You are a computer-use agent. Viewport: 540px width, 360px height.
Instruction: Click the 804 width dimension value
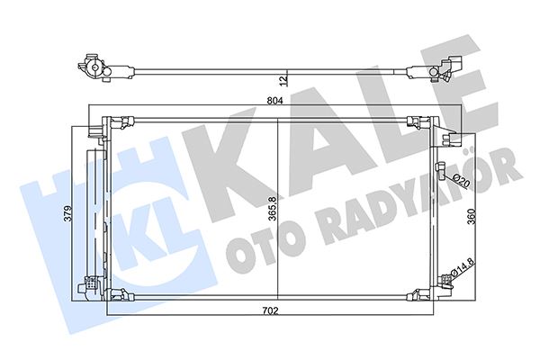[274, 102]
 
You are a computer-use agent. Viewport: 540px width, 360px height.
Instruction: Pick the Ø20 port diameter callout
[459, 183]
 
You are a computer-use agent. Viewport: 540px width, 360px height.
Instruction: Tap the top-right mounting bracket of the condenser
[418, 123]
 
